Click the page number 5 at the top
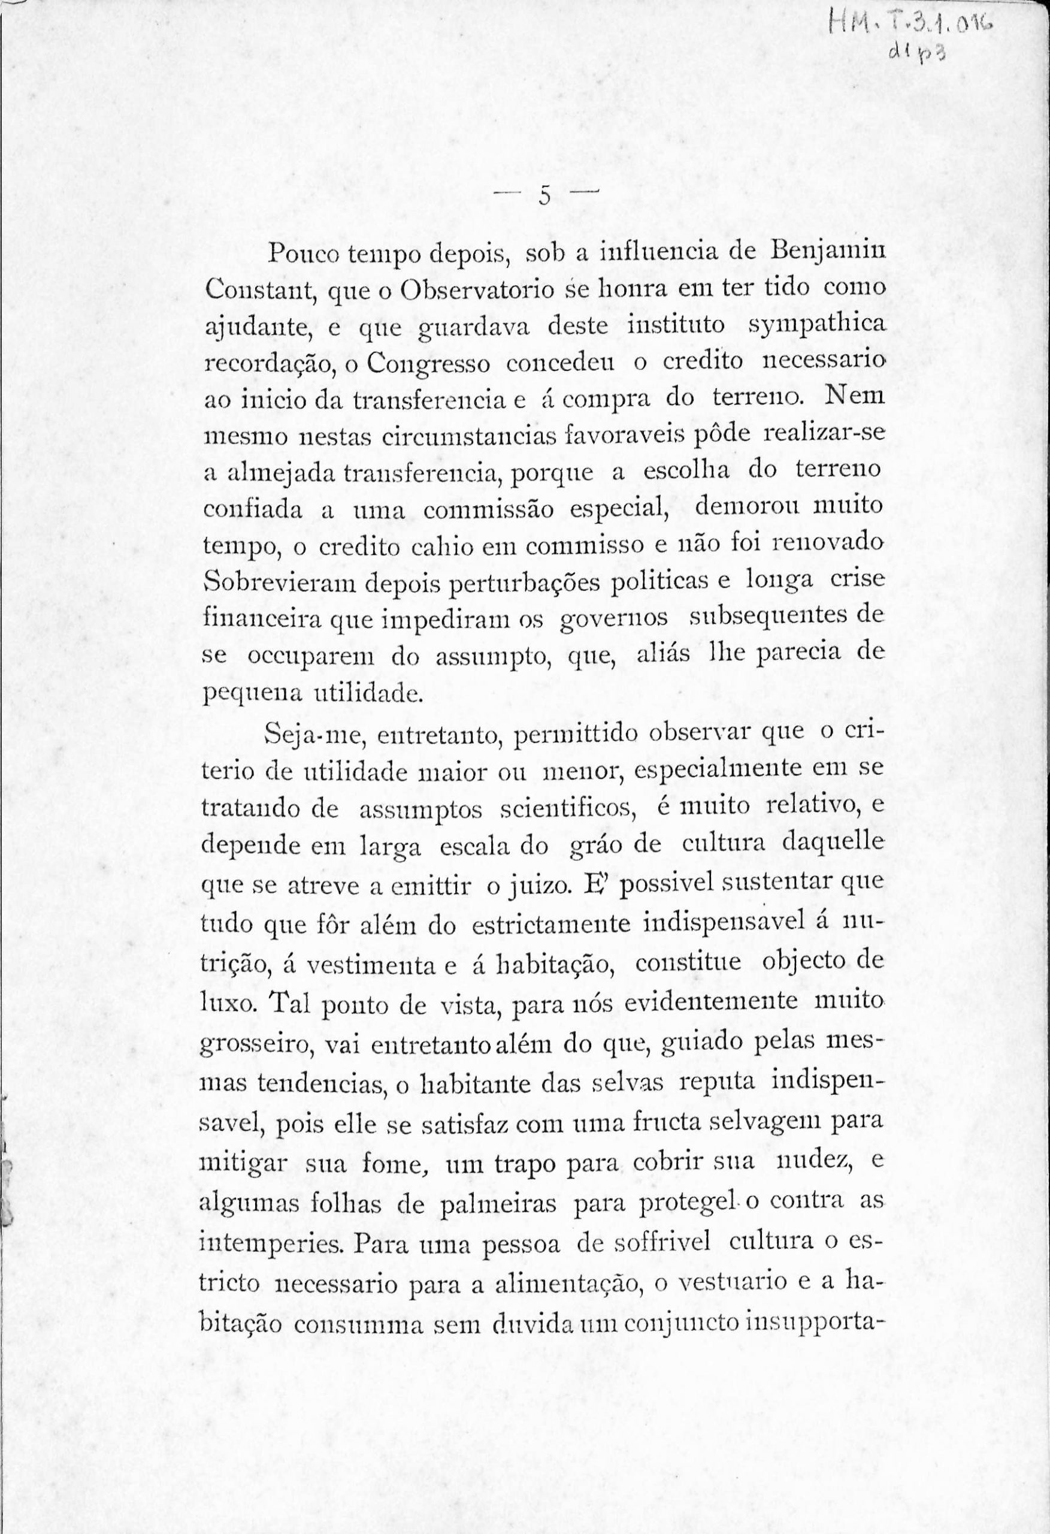544,196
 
